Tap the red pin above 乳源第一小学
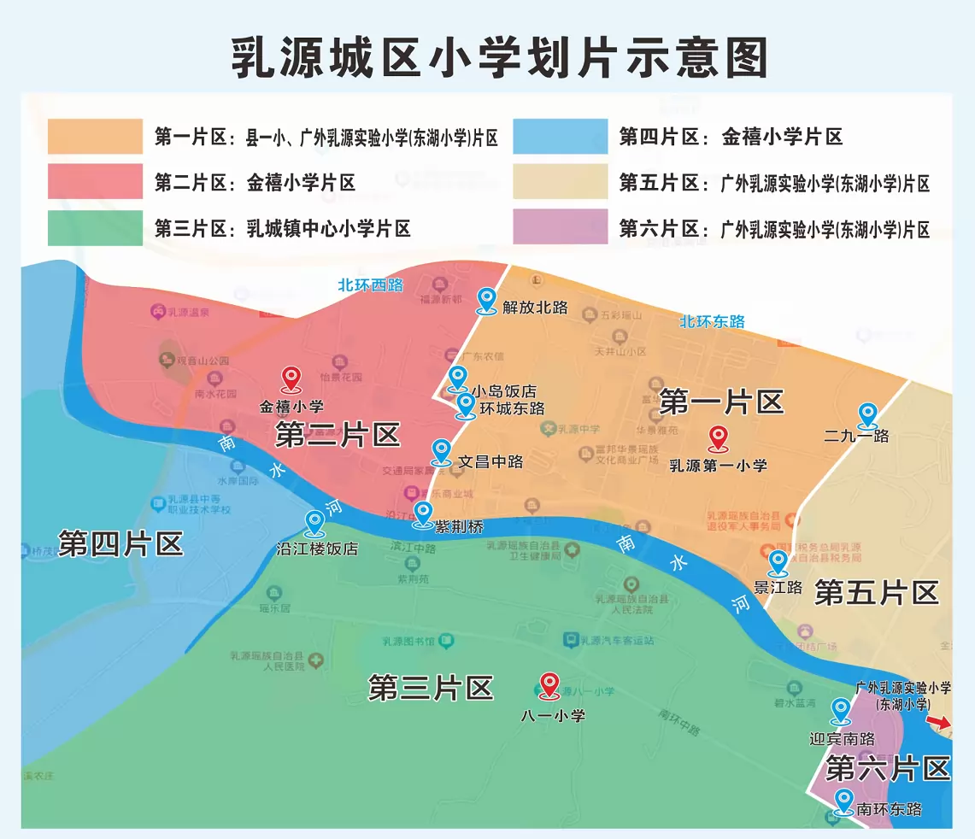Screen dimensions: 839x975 pos(718,439)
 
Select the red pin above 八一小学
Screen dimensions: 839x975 pos(549,685)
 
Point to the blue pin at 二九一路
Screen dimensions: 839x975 pos(867,416)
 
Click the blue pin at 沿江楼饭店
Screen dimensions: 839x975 pos(314,522)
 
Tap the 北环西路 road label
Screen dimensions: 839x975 pos(370,285)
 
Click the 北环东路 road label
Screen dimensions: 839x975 pos(712,321)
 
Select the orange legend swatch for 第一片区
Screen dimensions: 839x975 pos(95,137)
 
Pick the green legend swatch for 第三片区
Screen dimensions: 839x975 pos(95,227)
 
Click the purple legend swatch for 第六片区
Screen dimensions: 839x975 pos(560,227)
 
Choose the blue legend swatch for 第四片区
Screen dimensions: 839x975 pos(560,137)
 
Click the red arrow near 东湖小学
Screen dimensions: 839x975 pos(938,724)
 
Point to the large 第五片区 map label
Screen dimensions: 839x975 pos(876,592)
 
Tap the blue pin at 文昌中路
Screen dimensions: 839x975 pos(441,452)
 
